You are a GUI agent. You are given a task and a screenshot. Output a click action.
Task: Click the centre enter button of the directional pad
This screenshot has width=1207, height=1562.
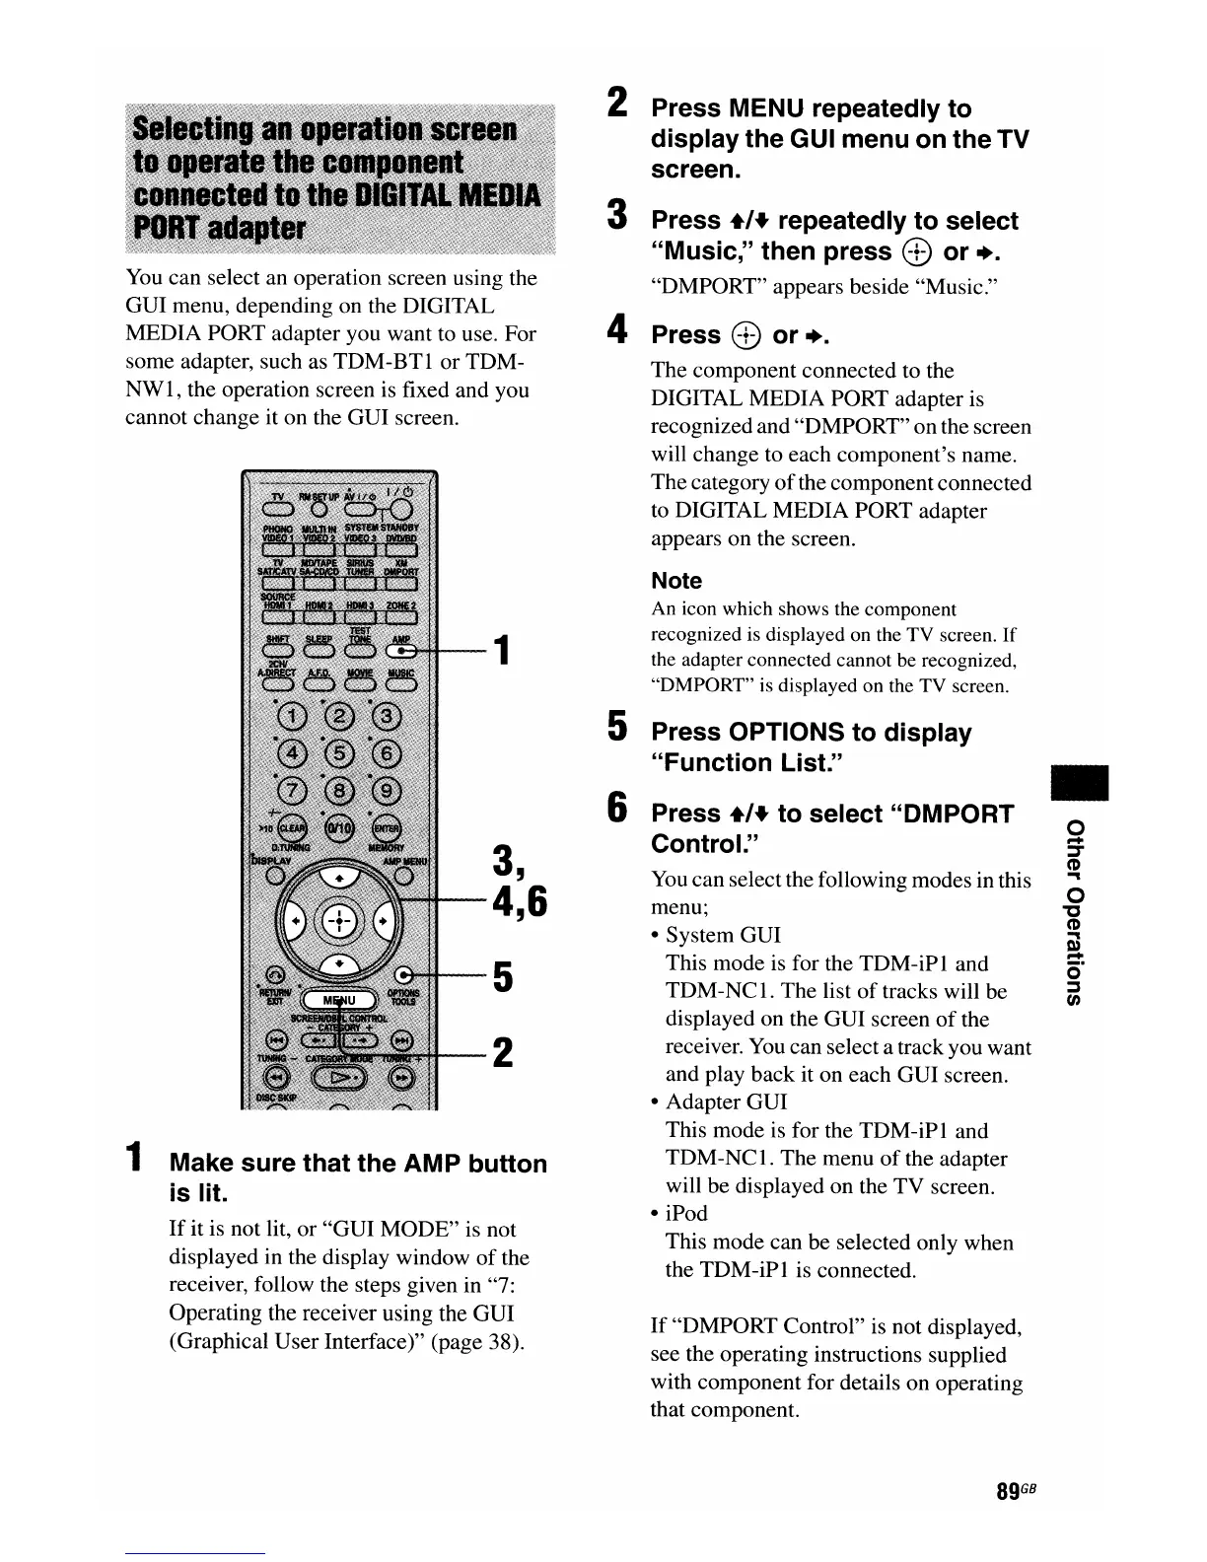tap(336, 920)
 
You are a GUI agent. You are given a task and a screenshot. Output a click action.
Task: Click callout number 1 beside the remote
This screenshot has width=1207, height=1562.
tap(502, 651)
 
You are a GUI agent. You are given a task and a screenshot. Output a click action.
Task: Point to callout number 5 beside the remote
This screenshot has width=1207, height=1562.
tap(502, 977)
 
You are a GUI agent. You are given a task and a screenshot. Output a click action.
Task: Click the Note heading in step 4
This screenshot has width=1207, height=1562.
tap(676, 581)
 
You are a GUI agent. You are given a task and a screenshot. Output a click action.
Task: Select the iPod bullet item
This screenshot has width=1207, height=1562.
tap(686, 1213)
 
